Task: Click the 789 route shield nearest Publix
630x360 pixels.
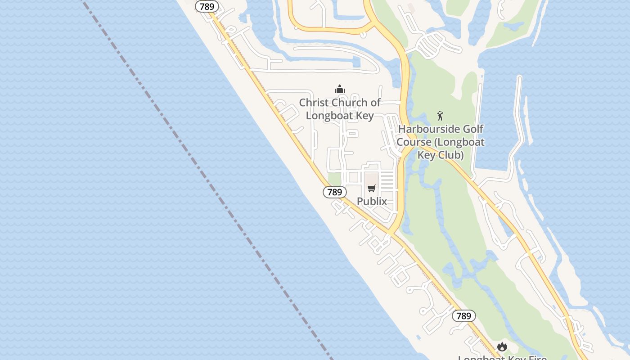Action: click(x=335, y=192)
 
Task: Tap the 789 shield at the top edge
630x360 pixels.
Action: click(x=207, y=6)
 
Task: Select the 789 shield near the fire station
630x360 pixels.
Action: click(x=463, y=316)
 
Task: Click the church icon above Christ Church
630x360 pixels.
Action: click(x=340, y=89)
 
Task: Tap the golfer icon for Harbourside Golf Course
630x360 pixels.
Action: click(x=440, y=116)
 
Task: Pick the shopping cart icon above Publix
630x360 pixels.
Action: click(x=371, y=188)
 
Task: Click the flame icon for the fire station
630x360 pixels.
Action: click(x=502, y=346)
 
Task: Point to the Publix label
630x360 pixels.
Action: click(x=372, y=201)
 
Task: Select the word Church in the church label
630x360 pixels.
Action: click(x=350, y=103)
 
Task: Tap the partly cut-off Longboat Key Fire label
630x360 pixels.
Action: click(x=502, y=357)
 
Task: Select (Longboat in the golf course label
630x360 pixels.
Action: click(x=458, y=142)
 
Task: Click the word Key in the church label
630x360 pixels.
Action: click(x=365, y=116)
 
